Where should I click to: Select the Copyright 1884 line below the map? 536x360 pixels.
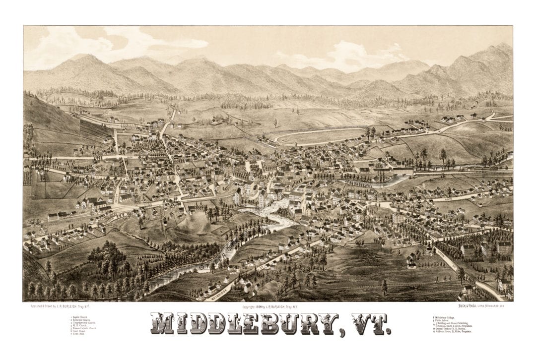pyautogui.click(x=268, y=307)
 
